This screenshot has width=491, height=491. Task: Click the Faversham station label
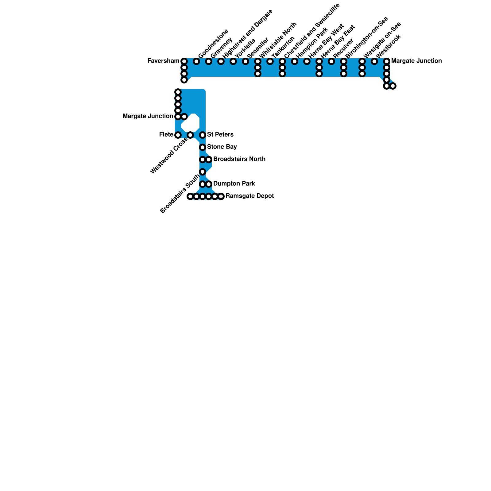[163, 61]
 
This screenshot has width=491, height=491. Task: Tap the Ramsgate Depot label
[249, 196]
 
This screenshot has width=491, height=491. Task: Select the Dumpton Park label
[234, 184]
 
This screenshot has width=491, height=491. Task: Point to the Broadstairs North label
[239, 159]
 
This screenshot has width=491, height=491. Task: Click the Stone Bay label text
[222, 147]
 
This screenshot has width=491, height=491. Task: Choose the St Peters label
[220, 135]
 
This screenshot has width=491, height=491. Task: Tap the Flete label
[166, 135]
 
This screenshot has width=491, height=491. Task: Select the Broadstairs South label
[180, 194]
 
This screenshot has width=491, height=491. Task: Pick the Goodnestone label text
[213, 44]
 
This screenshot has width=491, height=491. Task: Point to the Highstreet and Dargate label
[247, 34]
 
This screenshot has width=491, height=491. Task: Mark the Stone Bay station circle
[203, 147]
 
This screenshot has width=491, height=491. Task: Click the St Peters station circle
[203, 135]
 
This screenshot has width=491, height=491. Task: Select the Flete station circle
[178, 135]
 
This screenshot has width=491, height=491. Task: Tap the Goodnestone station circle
[196, 62]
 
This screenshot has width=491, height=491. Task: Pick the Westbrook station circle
[374, 62]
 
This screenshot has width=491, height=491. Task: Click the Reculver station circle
[331, 62]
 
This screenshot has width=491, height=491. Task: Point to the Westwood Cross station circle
[190, 135]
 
